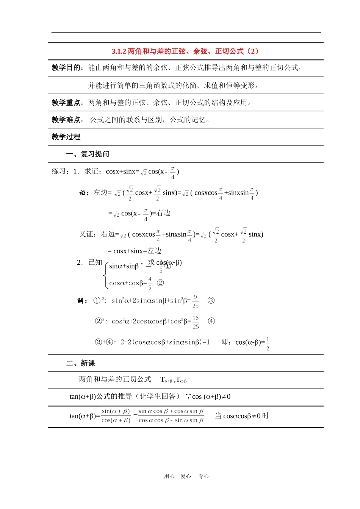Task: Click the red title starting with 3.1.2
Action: pos(185,51)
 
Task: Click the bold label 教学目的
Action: pos(66,68)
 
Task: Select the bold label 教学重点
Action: pos(66,103)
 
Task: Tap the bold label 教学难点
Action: pos(66,120)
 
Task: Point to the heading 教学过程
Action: pos(66,137)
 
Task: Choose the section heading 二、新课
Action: pos(80,363)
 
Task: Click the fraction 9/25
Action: pos(195,301)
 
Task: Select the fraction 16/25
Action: pos(196,322)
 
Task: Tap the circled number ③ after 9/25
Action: pos(211,300)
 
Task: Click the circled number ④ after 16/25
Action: pos(211,321)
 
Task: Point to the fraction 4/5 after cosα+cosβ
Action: pos(150,283)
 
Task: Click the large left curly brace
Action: pos(106,275)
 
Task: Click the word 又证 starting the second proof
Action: pos(86,234)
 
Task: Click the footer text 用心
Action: pos(169,476)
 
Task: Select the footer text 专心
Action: pos(203,476)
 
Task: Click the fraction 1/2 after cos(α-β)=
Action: pos(268,344)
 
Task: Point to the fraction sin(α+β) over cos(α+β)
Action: pos(116,416)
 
